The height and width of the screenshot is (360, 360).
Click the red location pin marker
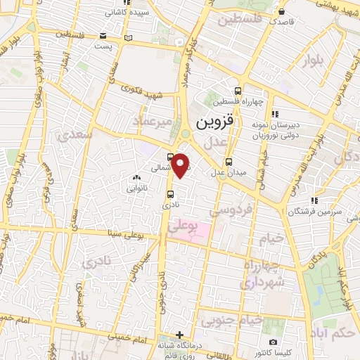pos(181,165)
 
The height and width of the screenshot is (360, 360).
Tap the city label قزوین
pos(212,124)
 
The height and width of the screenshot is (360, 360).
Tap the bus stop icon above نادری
pos(171,195)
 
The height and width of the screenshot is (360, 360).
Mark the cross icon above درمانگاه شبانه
pos(181,334)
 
